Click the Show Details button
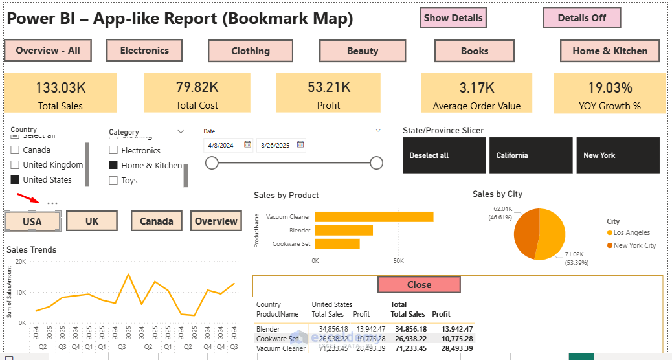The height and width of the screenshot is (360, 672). [x=453, y=18]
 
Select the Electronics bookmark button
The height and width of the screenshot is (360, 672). [x=144, y=51]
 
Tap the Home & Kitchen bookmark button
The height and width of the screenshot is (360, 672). [x=609, y=51]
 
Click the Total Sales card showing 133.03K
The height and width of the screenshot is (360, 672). [x=60, y=93]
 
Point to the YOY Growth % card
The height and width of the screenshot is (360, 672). [x=609, y=93]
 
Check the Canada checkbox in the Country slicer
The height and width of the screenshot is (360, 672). [x=15, y=150]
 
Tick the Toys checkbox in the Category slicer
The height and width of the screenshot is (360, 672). [x=113, y=181]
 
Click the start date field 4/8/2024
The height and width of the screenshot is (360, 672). [x=222, y=146]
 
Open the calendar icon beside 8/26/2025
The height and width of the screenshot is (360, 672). [x=300, y=145]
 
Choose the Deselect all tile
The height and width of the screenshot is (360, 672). [x=443, y=155]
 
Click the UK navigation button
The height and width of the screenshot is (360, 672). [x=92, y=221]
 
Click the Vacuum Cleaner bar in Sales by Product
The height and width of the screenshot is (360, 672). [x=374, y=217]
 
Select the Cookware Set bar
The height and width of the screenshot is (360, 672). [x=337, y=244]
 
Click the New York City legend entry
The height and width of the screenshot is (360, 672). [x=634, y=245]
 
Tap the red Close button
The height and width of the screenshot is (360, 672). [x=419, y=285]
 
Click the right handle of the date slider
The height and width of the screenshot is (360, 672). [x=376, y=163]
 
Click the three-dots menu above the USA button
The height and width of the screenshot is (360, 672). [x=52, y=204]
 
